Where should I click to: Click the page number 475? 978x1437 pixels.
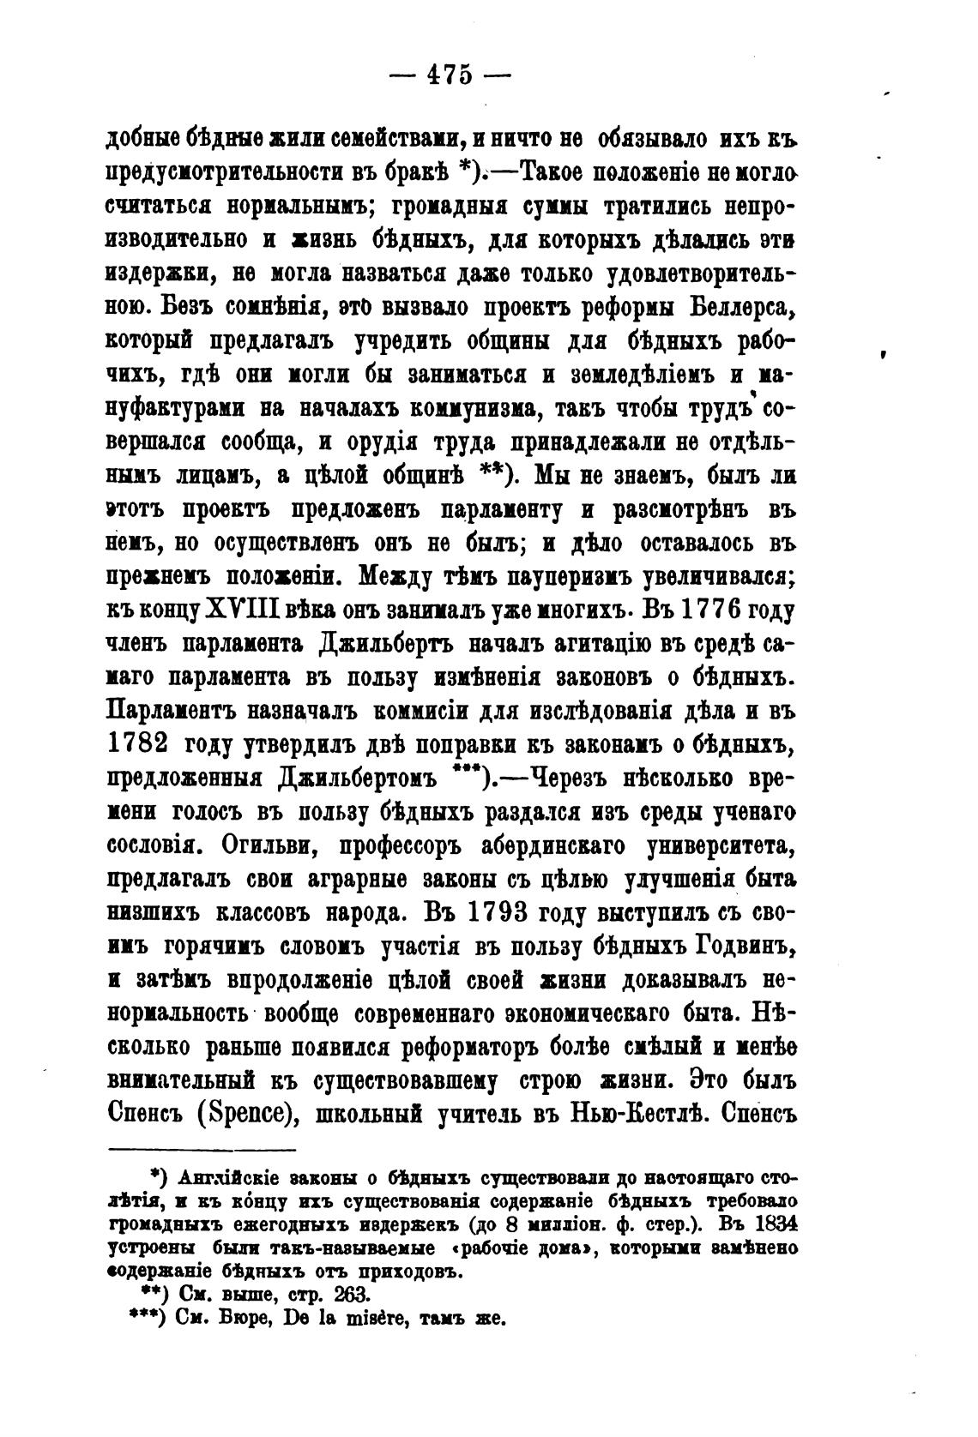450,75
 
